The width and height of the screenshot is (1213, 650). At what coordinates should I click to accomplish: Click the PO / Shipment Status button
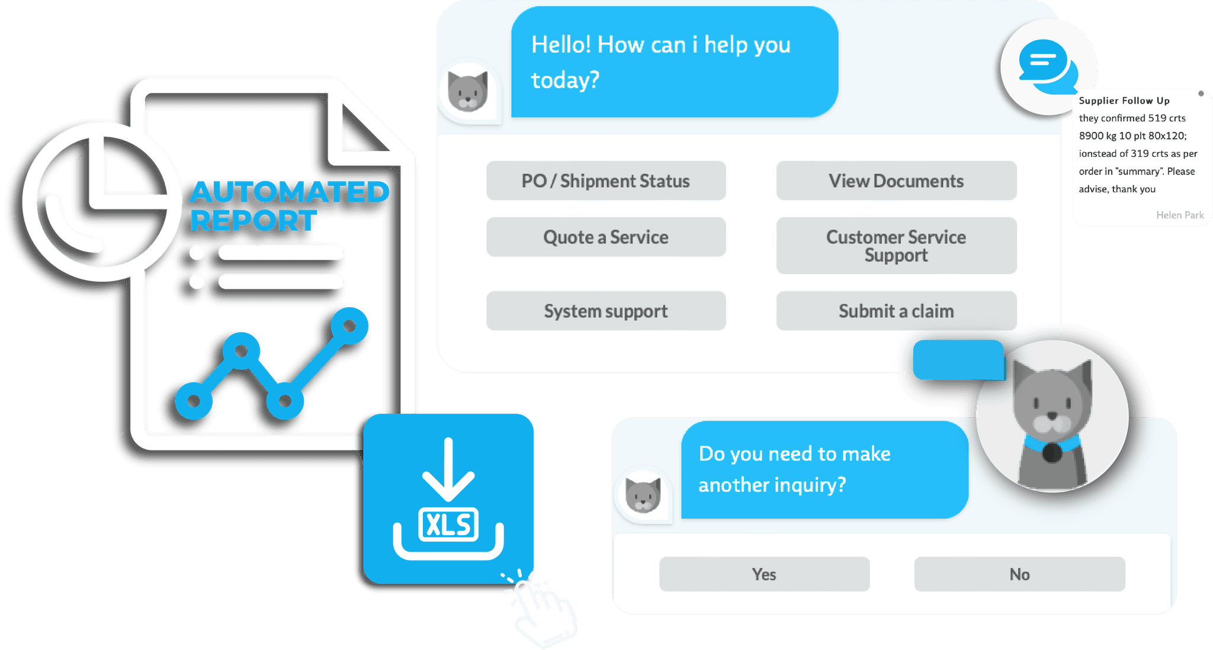tap(606, 181)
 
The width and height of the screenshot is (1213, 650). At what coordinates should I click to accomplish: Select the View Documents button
tap(896, 181)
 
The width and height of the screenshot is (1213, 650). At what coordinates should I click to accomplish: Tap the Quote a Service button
tap(606, 237)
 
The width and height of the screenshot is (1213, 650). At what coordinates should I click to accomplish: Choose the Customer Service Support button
tap(896, 246)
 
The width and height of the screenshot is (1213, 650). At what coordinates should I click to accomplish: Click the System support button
tap(606, 311)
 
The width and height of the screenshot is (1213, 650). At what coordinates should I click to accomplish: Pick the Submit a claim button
tap(896, 311)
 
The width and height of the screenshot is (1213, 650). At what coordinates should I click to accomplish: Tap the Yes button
tap(764, 574)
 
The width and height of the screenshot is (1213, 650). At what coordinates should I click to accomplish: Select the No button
tap(1019, 574)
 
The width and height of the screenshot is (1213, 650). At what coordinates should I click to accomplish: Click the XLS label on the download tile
tap(448, 524)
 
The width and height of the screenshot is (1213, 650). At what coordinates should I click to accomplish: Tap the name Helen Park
tap(1180, 215)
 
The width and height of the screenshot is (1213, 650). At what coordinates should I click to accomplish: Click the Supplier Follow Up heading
tap(1124, 101)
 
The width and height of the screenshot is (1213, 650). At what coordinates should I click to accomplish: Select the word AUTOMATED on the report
tap(289, 192)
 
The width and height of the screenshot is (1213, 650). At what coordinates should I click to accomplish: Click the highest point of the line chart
tap(349, 326)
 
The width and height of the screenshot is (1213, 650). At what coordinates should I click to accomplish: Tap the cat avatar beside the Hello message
tap(468, 92)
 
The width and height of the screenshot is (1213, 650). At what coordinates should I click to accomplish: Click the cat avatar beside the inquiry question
tap(643, 494)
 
